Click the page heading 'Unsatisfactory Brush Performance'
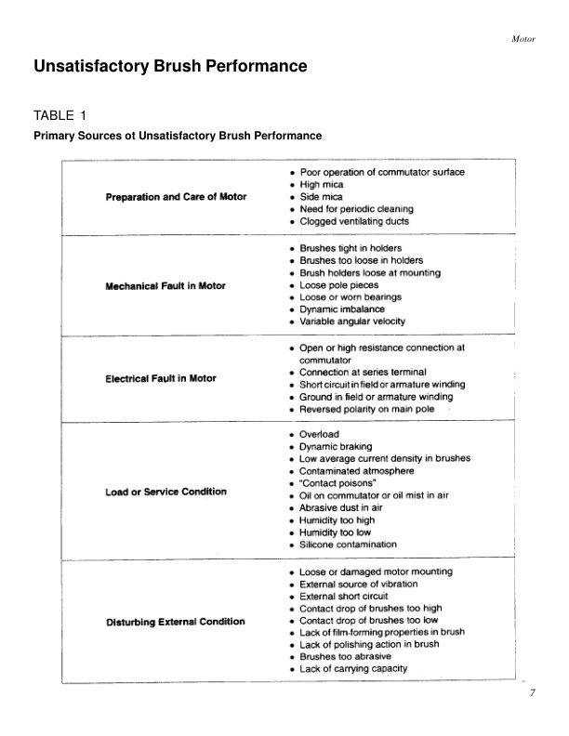170,67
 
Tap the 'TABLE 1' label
60,115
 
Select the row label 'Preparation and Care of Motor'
176,197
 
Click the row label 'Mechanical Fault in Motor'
165,285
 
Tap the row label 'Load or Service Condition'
165,492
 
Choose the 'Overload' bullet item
319,434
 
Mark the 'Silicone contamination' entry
348,545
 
